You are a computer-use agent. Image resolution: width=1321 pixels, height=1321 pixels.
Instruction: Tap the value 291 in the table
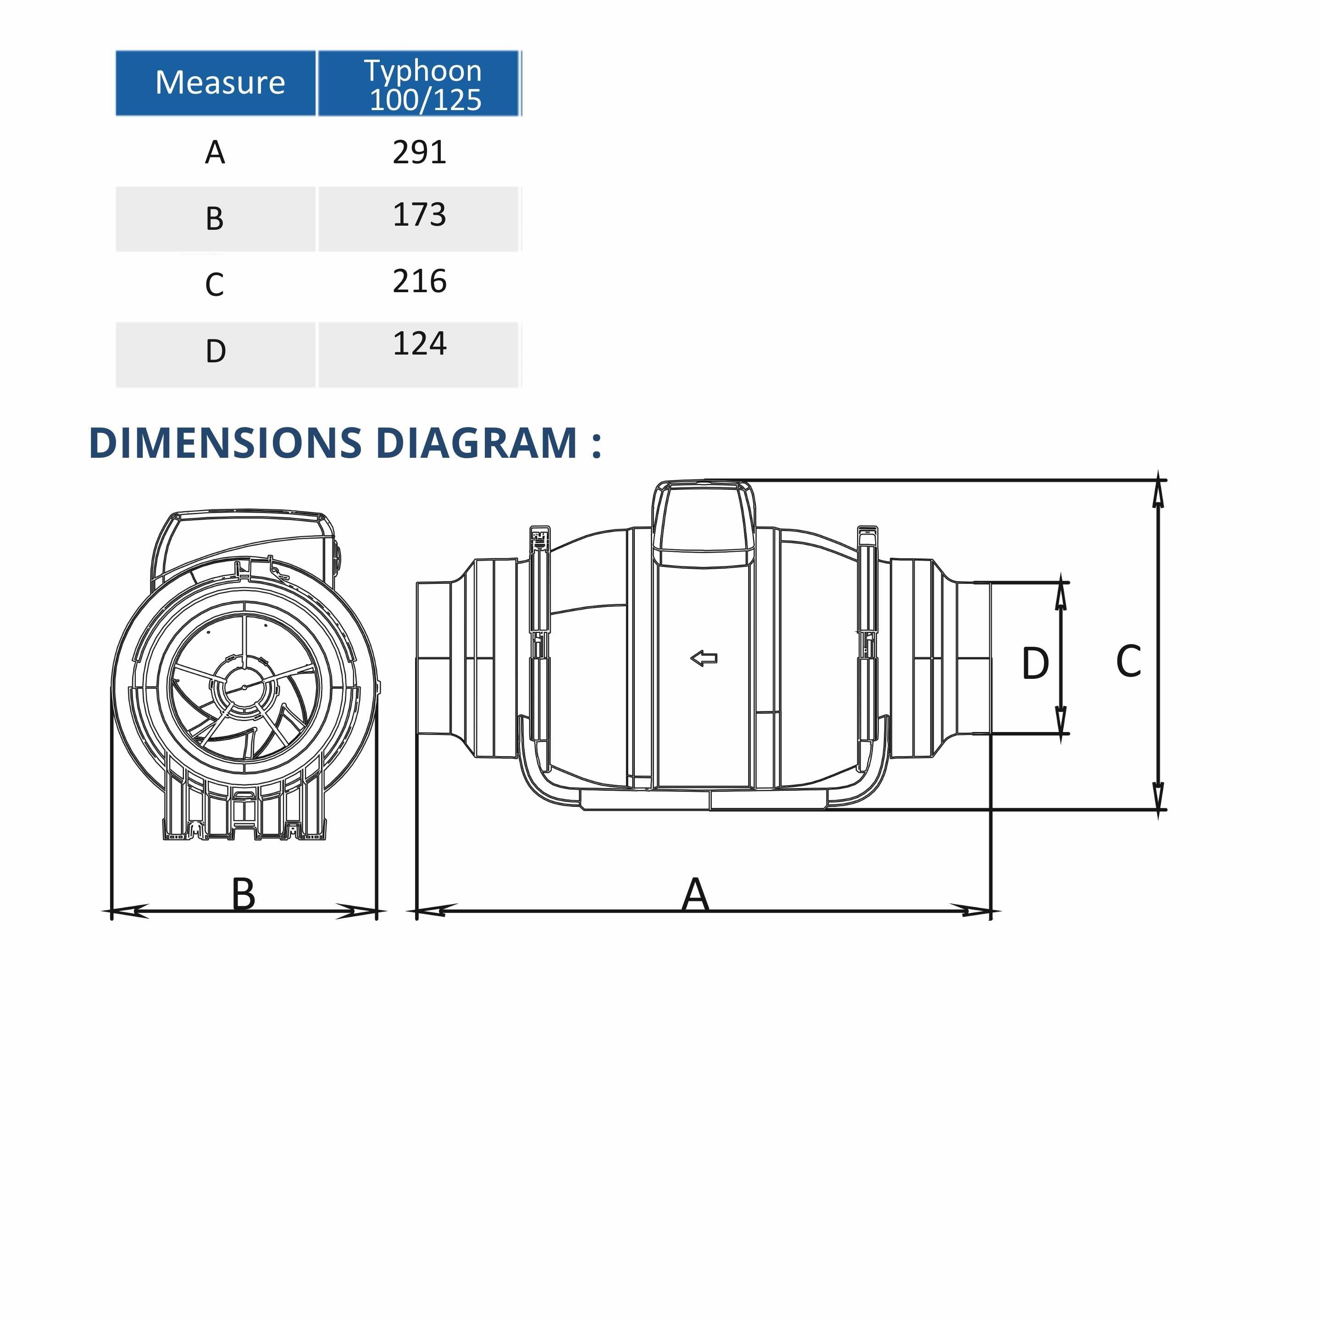click(x=419, y=152)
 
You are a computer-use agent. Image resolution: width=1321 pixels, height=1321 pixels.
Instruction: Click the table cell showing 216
click(x=419, y=281)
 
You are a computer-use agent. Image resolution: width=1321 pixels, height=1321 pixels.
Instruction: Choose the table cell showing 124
click(x=419, y=344)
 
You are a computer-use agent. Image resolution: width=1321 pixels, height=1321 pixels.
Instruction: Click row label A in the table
click(x=215, y=152)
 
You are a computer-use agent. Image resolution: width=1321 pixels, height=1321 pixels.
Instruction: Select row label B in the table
click(x=215, y=219)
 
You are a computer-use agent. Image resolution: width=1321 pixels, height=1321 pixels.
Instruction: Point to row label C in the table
click(x=215, y=284)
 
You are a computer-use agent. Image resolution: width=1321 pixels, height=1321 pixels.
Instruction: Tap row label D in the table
click(x=216, y=351)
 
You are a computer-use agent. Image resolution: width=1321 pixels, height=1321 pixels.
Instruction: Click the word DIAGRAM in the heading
click(x=477, y=443)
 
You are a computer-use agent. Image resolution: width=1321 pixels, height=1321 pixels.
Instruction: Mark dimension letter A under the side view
click(x=695, y=894)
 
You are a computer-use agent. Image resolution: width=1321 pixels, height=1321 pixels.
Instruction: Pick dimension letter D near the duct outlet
click(x=1035, y=663)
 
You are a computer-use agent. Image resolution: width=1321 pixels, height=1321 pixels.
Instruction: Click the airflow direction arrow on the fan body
click(x=704, y=659)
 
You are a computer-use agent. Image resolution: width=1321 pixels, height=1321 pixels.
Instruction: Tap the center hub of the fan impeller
click(x=244, y=687)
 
